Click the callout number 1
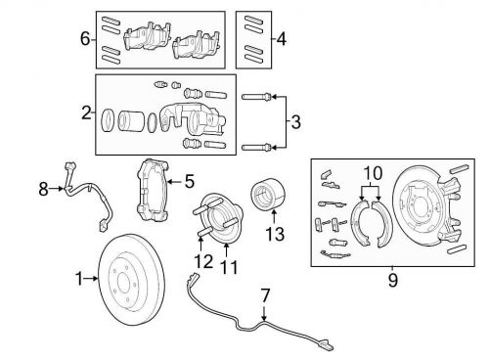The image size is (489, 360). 79,279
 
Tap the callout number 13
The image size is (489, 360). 275,234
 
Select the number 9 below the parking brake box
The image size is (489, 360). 393,281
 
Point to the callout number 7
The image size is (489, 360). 266,295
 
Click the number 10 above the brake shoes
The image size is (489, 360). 373,173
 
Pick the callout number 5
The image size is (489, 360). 190,181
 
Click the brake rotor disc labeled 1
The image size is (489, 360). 131,279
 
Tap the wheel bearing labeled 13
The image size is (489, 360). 268,194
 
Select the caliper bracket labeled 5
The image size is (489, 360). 153,190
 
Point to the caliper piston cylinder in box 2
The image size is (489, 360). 130,121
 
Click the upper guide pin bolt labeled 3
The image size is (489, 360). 256,97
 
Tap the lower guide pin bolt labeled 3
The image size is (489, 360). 256,148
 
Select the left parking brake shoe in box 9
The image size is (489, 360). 360,223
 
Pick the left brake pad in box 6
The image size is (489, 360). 147,36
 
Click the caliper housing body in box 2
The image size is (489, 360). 193,118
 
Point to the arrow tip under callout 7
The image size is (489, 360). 264,321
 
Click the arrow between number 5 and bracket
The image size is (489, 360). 175,181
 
